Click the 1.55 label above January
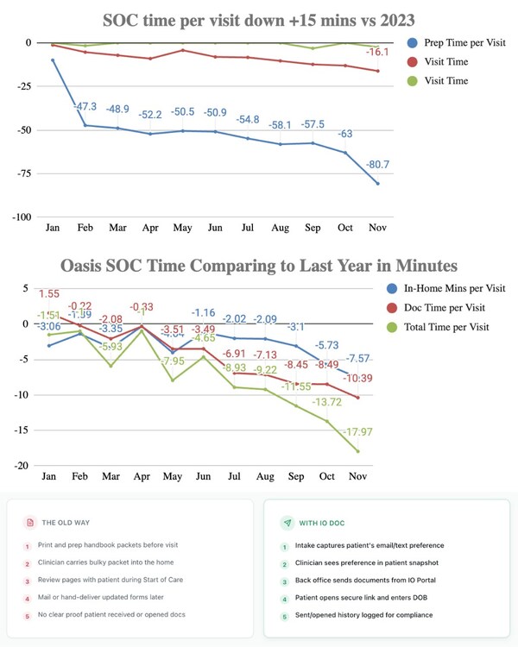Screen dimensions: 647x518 [x=48, y=294]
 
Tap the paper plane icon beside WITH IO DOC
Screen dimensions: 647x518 [x=287, y=523]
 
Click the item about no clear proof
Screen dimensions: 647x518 [x=111, y=614]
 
